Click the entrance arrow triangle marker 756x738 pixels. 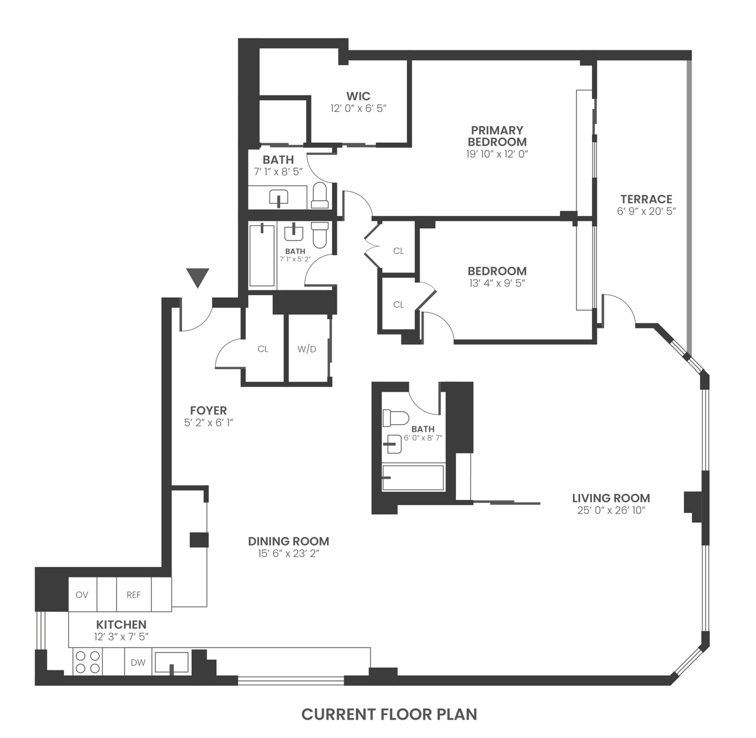[x=198, y=277]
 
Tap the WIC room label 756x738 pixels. [x=358, y=96]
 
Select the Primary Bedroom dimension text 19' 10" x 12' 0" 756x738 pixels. [x=497, y=154]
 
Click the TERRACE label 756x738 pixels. [x=646, y=199]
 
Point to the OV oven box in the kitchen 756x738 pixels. [x=82, y=595]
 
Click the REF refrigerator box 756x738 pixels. [x=133, y=595]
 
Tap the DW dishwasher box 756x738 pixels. [x=138, y=662]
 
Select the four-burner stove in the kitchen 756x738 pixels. [x=87, y=662]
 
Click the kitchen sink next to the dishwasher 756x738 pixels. [x=172, y=662]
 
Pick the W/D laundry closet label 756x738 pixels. [x=307, y=349]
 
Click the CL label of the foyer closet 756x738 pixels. [x=263, y=349]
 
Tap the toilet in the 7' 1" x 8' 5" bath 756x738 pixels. [x=320, y=195]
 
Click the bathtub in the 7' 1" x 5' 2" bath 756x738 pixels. [x=262, y=255]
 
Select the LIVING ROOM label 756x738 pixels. [x=611, y=498]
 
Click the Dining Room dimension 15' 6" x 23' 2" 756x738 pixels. [x=288, y=553]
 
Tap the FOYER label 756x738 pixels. [x=208, y=410]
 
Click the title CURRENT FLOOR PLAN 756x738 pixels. [x=389, y=714]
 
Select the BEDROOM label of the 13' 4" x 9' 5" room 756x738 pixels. [x=497, y=271]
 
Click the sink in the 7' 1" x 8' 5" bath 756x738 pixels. [x=278, y=198]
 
